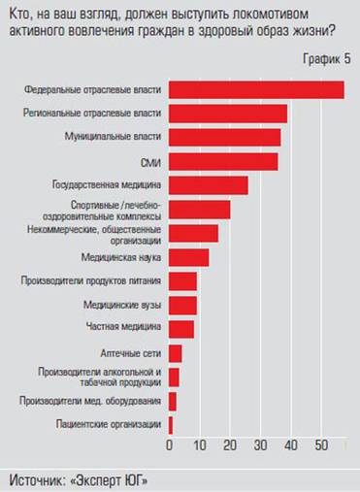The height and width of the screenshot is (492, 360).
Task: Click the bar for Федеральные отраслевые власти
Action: pyautogui.click(x=256, y=89)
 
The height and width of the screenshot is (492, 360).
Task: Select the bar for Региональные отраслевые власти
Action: pyautogui.click(x=228, y=113)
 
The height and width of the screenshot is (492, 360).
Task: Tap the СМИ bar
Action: pyautogui.click(x=223, y=161)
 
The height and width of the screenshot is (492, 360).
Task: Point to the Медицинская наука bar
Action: pyautogui.click(x=188, y=257)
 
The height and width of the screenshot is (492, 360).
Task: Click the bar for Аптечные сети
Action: pyautogui.click(x=175, y=352)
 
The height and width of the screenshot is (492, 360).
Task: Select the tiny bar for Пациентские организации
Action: pyautogui.click(x=171, y=424)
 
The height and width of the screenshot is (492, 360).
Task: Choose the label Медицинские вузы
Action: pyautogui.click(x=122, y=305)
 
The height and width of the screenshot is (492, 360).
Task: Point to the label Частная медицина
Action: pyautogui.click(x=127, y=327)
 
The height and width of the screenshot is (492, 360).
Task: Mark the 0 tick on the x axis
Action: pyautogui.click(x=170, y=445)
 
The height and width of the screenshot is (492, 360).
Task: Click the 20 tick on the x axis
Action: pyautogui.click(x=231, y=445)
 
